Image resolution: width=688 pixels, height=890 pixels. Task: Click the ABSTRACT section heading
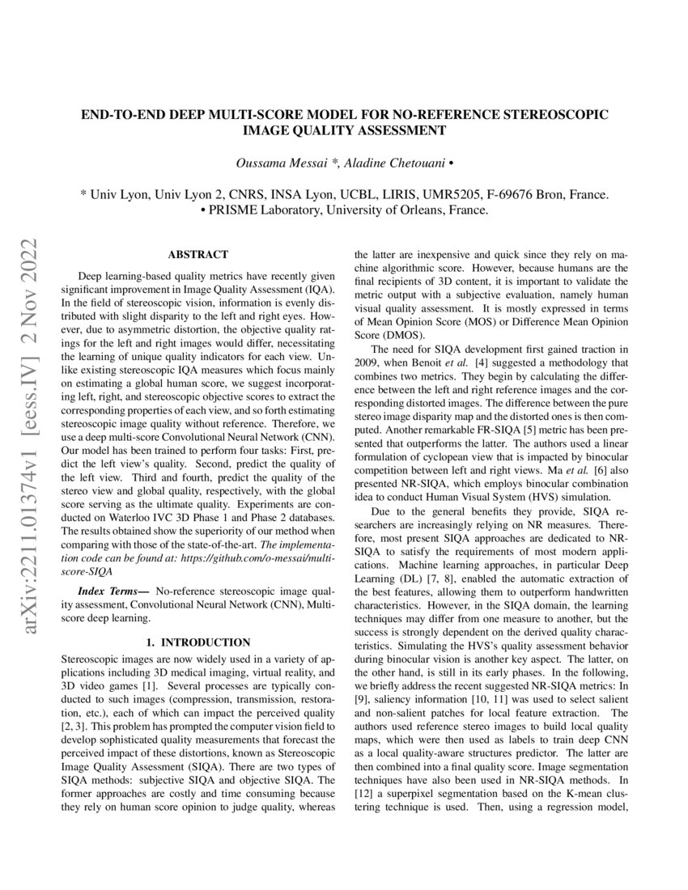point(197,254)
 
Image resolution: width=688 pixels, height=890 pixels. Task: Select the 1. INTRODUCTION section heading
point(197,642)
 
